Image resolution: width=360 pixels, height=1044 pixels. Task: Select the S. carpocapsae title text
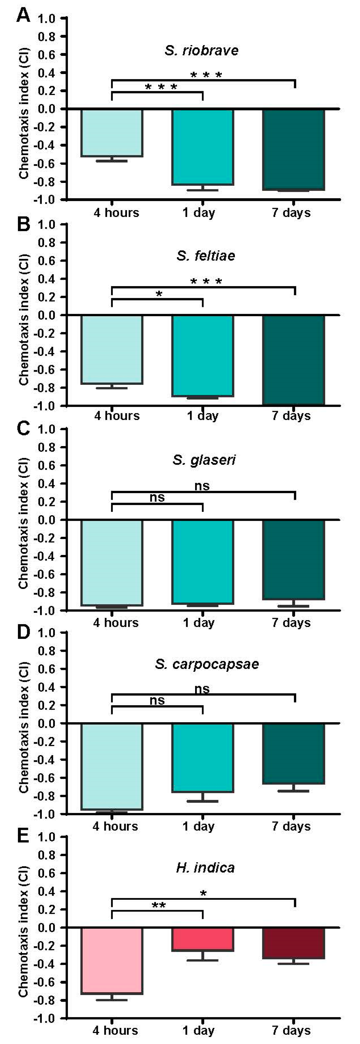point(206,664)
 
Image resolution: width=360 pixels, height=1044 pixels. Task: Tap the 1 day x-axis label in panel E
point(198,1030)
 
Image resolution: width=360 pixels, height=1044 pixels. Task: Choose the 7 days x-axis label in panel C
point(291,623)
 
